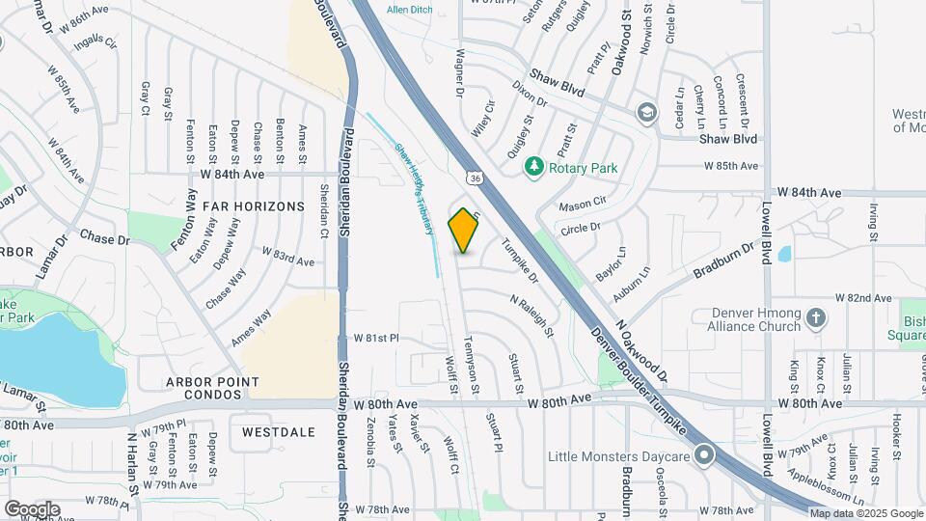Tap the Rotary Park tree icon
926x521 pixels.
[x=533, y=168]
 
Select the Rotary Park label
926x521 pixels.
[x=583, y=168]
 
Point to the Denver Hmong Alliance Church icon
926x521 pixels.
[x=816, y=318]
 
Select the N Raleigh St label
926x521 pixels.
[x=532, y=315]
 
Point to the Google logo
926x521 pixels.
[x=32, y=508]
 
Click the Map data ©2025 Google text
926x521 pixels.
[x=865, y=513]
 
